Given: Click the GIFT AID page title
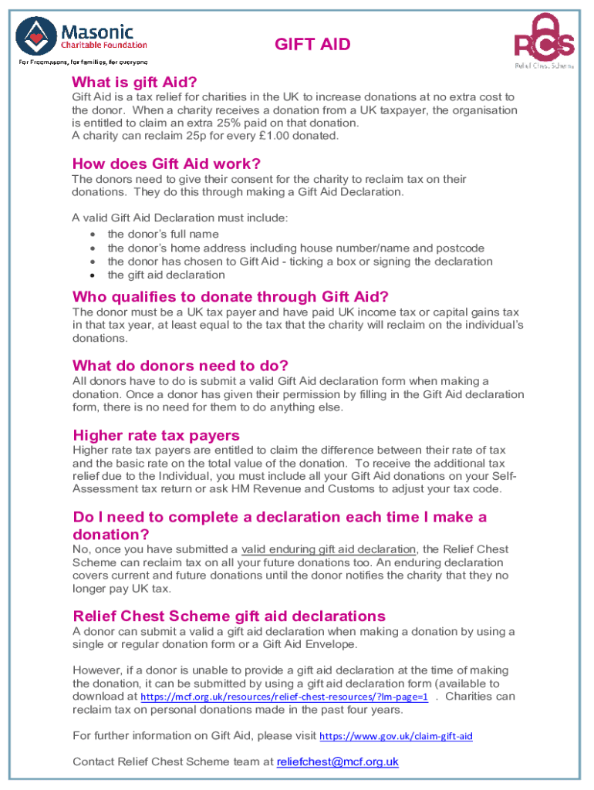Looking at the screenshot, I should point(312,44).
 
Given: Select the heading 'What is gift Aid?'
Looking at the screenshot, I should point(134,82).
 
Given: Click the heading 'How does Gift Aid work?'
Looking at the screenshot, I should point(166,164).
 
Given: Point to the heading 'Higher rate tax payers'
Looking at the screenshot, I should point(156,435).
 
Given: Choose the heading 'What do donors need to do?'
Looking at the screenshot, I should point(180,365).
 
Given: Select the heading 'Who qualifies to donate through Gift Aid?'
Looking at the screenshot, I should point(230,297).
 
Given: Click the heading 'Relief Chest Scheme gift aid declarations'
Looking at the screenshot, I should point(228,616).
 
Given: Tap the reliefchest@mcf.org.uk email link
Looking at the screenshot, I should point(338,761).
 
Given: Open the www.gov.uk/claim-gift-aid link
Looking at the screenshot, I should point(396,736).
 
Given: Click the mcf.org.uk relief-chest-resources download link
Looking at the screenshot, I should point(283,697).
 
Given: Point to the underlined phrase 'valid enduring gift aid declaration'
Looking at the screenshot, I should point(329,549).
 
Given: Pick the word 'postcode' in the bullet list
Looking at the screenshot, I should point(460,248).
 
